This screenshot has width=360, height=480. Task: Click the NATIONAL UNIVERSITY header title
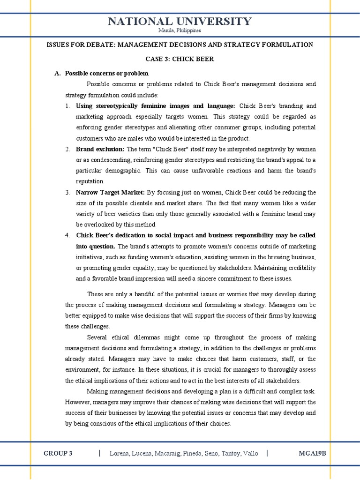[x=180, y=21]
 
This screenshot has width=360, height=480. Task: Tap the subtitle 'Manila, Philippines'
[x=180, y=30]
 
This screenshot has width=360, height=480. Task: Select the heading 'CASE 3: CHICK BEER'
[x=180, y=59]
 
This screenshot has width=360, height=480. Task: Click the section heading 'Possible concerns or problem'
[x=106, y=73]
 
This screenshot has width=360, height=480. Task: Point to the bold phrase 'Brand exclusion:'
[x=100, y=149]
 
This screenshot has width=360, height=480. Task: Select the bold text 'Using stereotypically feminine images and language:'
[x=155, y=106]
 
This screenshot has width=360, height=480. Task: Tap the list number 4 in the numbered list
[x=67, y=235]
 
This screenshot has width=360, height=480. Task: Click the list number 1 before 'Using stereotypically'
[x=67, y=106]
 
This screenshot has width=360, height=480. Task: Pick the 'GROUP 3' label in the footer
[x=58, y=453]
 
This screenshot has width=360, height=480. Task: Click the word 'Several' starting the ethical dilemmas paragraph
[x=97, y=337]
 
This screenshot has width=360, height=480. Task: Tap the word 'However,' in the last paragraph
[x=77, y=402]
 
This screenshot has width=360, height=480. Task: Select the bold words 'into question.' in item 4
[x=96, y=246]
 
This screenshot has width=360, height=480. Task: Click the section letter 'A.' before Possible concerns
[x=58, y=73]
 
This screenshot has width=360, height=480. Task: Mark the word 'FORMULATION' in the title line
[x=291, y=45]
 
